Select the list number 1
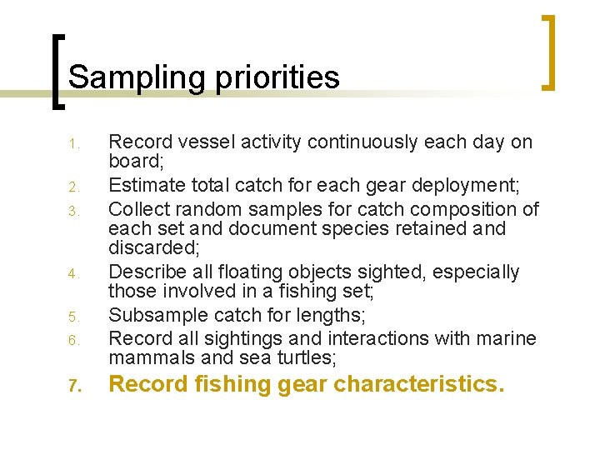(x=72, y=145)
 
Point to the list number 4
(x=72, y=274)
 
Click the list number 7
(x=72, y=387)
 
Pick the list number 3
(x=72, y=210)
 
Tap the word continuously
(x=364, y=142)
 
